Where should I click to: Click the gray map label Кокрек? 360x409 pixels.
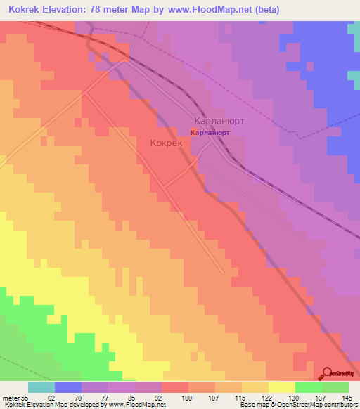(166, 143)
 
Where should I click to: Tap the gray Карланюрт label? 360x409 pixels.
(219, 120)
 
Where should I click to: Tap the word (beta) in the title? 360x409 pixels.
(265, 10)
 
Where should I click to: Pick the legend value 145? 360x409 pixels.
(347, 398)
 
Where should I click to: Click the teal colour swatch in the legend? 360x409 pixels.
(41, 387)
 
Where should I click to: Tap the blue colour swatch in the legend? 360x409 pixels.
(67, 387)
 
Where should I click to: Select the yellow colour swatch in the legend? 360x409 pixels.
(281, 387)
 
